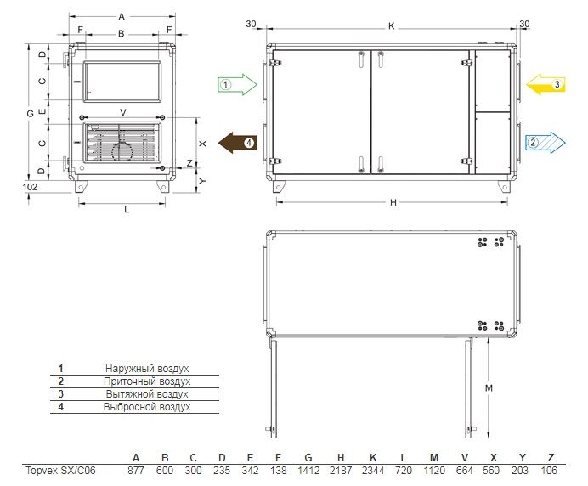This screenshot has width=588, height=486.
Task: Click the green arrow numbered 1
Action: (x=237, y=84)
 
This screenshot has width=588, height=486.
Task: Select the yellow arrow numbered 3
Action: (x=546, y=84)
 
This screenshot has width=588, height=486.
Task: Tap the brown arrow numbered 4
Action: (x=238, y=143)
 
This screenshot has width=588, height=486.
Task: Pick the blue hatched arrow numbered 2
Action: (x=546, y=142)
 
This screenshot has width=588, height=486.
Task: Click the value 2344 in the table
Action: (x=373, y=470)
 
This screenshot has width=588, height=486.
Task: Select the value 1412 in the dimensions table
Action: (x=308, y=470)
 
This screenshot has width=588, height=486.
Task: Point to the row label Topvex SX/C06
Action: (x=60, y=470)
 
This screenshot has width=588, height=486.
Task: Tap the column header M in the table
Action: (x=434, y=457)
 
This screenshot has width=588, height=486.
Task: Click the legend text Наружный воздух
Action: (x=147, y=369)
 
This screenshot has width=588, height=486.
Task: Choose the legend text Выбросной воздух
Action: (x=147, y=407)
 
